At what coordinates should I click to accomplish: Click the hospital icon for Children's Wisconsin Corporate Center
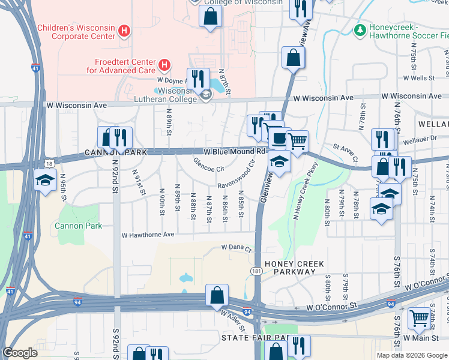pyautogui.click(x=124, y=31)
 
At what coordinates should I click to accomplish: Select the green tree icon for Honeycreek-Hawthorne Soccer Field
pyautogui.click(x=360, y=29)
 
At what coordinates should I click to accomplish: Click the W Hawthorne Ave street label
pyautogui.click(x=148, y=235)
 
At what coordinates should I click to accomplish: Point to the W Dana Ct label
pyautogui.click(x=235, y=247)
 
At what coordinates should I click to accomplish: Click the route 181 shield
pyautogui.click(x=256, y=272)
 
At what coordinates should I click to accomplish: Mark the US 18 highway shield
pyautogui.click(x=49, y=163)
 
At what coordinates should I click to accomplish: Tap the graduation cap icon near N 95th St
pyautogui.click(x=44, y=181)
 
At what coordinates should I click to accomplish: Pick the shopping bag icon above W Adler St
pyautogui.click(x=216, y=295)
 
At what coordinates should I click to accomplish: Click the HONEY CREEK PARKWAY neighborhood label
pyautogui.click(x=290, y=268)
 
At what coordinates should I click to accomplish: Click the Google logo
pyautogui.click(x=20, y=352)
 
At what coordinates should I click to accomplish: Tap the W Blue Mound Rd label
pyautogui.click(x=235, y=152)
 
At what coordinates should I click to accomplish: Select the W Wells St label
pyautogui.click(x=418, y=78)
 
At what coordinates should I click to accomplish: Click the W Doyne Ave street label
pyautogui.click(x=171, y=79)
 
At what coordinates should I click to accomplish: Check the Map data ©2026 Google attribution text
pyautogui.click(x=412, y=355)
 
